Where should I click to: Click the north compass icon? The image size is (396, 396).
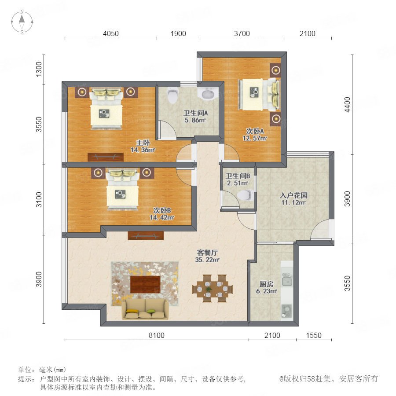pos(22,22)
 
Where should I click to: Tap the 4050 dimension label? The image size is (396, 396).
pos(110,33)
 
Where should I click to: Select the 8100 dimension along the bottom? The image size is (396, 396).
pos(157,335)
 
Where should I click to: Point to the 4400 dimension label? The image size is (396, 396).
pos(348,105)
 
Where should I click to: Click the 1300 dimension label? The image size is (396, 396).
pos(39,69)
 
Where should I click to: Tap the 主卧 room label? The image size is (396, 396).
pos(143,143)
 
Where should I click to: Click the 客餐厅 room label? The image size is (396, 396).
pos(207,253)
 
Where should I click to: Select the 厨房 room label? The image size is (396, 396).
pos(267,284)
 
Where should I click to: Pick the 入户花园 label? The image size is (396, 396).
pos(294,195)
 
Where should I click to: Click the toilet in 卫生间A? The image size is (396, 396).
pos(173,96)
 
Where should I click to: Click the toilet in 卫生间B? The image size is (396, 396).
pos(245,195)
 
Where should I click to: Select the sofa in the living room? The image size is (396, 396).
pos(146,309)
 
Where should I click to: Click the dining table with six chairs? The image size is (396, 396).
pos(213,288)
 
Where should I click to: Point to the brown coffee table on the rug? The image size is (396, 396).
pos(145,284)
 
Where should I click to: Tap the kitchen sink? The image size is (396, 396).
pos(287,279)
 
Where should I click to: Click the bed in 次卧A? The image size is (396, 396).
pos(259,95)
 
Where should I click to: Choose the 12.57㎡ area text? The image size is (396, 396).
pos(255,139)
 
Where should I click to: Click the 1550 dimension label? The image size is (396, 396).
pos(314,335)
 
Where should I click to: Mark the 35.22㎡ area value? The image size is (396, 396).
pos(207,260)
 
